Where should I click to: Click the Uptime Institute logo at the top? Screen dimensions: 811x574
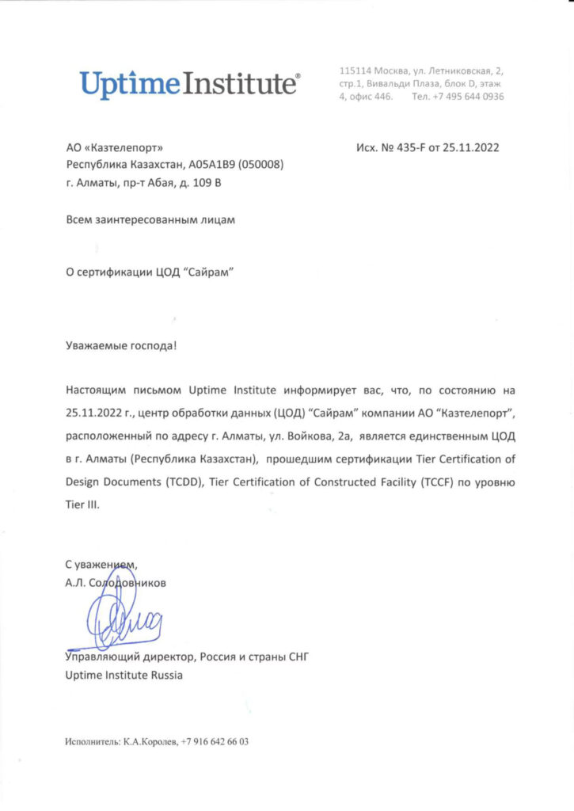pos(189,82)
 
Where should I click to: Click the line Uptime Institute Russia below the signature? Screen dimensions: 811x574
pos(124,676)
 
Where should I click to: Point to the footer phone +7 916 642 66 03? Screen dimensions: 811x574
pos(215,742)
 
